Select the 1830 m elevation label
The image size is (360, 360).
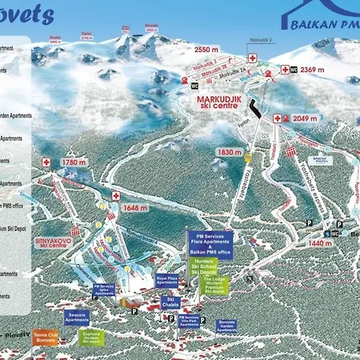229,152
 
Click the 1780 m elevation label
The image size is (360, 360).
74,162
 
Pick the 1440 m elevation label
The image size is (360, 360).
320,242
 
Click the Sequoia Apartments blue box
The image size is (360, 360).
77,318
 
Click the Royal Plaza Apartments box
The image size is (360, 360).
167,282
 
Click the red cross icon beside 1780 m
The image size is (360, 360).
47,162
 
